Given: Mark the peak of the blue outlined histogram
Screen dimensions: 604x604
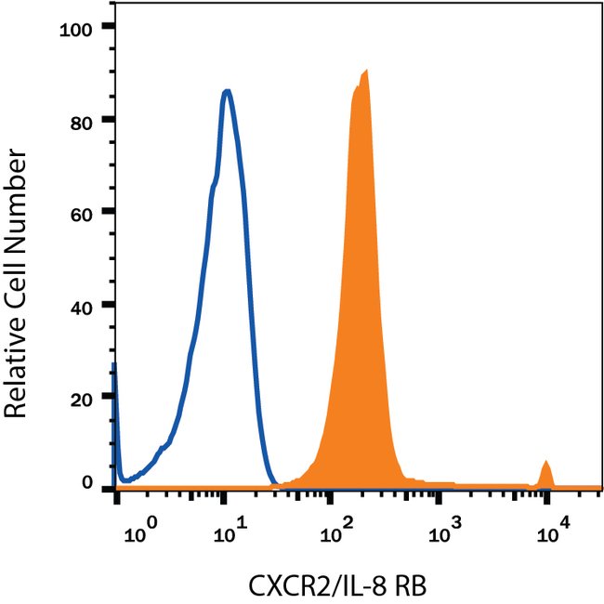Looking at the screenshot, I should (226, 90).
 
